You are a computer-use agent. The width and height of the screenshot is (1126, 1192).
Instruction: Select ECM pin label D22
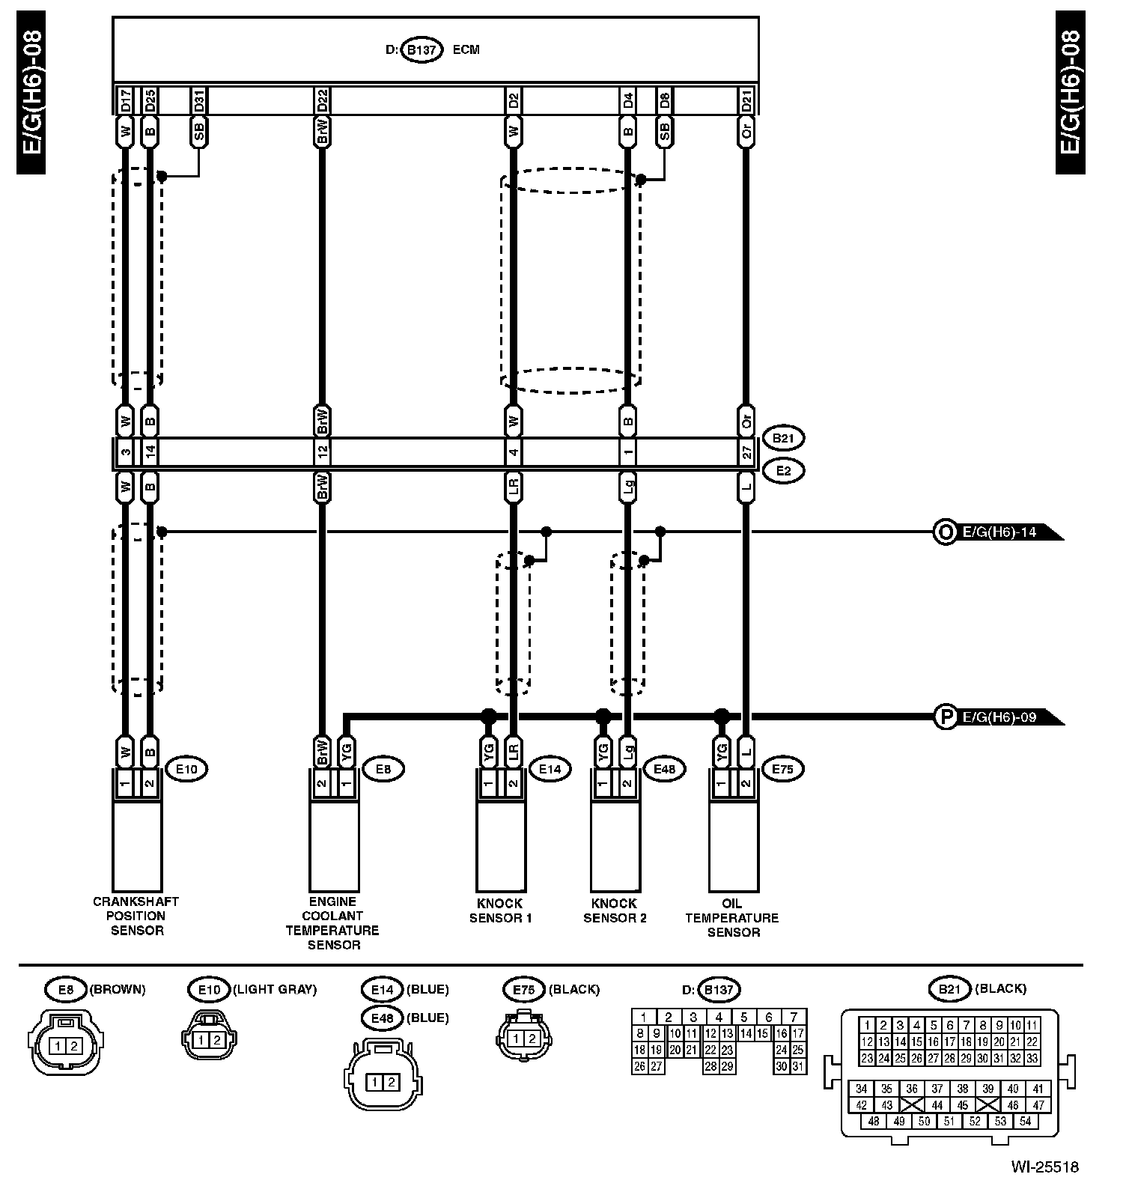coord(322,100)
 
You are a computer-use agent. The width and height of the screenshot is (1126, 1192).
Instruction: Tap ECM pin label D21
coord(746,100)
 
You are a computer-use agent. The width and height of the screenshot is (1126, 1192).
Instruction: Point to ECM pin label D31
coord(199,100)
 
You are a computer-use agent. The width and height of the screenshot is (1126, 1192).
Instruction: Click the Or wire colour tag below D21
coord(746,132)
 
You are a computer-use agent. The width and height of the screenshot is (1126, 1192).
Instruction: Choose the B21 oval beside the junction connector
coord(783,438)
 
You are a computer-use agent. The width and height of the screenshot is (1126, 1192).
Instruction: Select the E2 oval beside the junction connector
coord(783,471)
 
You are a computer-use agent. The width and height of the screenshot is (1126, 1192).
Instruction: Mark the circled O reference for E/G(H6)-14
coord(946,532)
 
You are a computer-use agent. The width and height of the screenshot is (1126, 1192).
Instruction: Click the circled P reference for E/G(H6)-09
coord(946,717)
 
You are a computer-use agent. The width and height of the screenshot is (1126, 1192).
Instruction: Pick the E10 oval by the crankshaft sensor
coord(186,768)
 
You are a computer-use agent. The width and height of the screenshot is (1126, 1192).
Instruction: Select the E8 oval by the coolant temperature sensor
coord(383,768)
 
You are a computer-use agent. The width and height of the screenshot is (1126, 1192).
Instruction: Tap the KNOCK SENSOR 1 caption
coord(500,910)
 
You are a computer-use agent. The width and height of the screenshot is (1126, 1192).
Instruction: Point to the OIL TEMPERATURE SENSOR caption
coord(733,917)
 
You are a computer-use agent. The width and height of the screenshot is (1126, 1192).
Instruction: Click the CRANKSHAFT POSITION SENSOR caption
coord(136,916)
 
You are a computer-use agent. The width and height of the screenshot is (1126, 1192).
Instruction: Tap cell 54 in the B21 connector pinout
coord(1025,1121)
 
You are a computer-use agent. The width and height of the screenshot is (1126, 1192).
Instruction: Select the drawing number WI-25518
coord(1044,1167)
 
